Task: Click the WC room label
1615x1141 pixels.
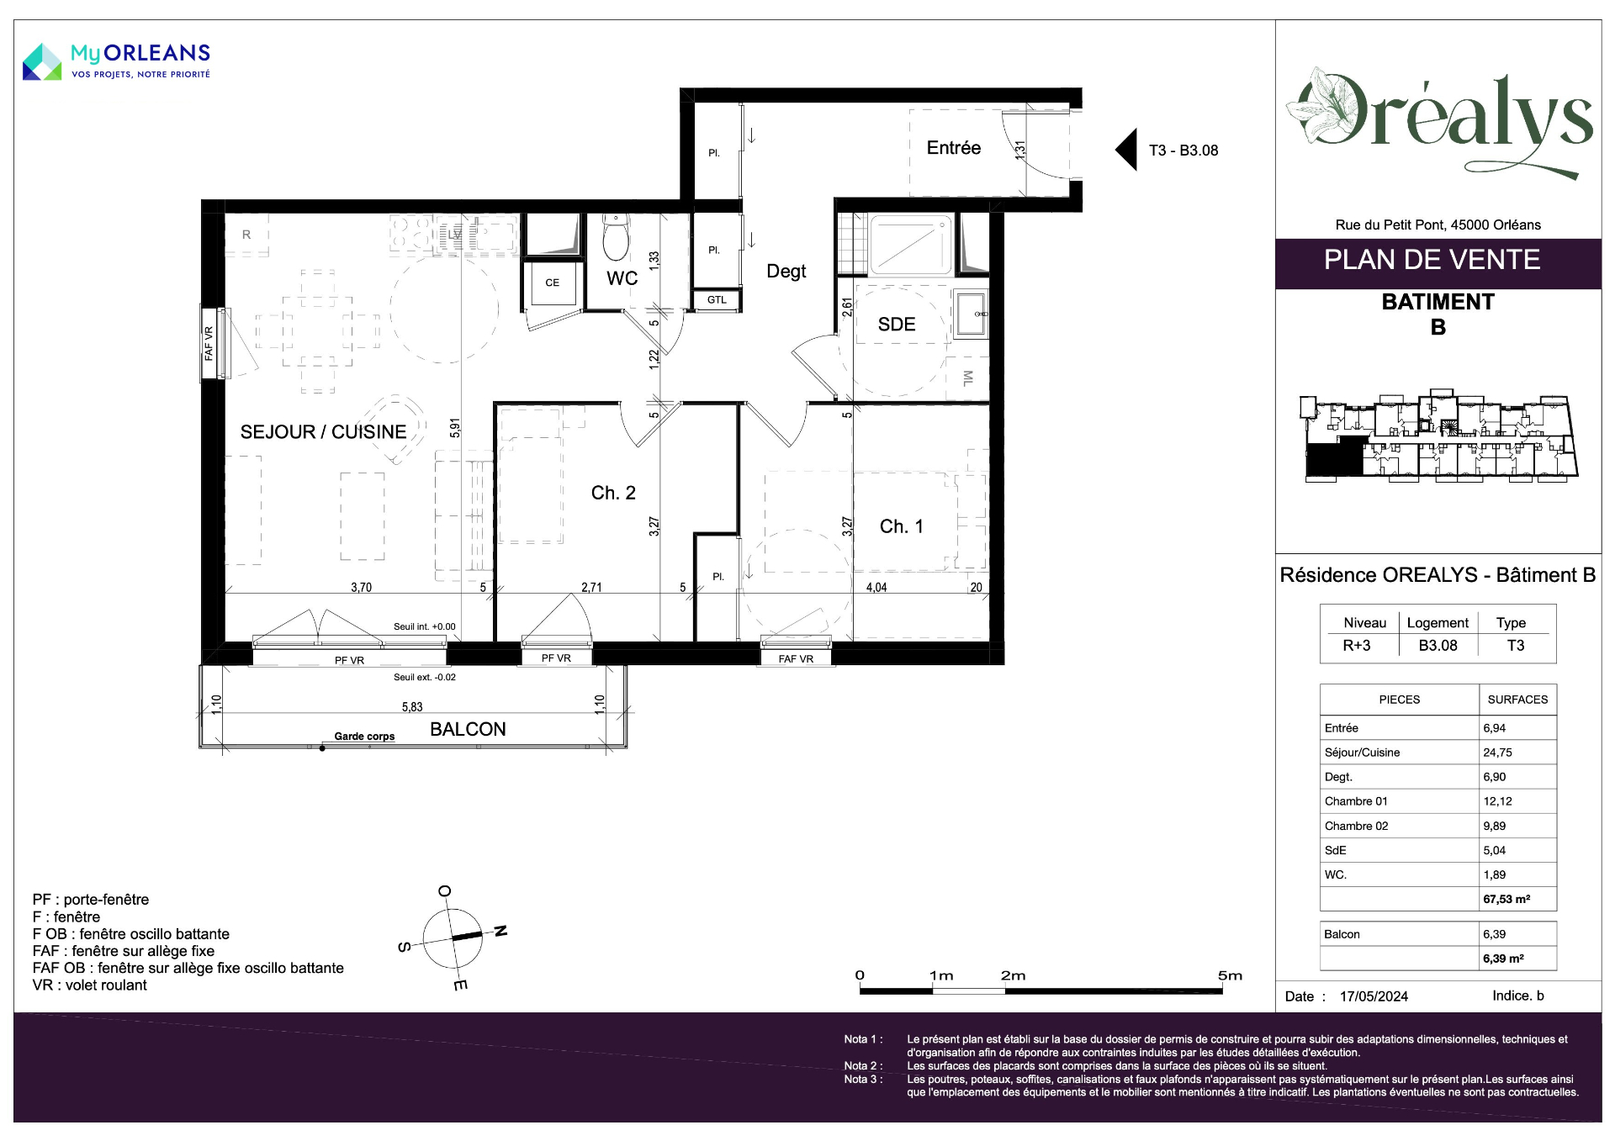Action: (622, 278)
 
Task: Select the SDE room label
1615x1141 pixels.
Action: (897, 325)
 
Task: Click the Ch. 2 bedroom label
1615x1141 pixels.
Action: (613, 493)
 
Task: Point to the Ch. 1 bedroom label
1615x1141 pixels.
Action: (902, 526)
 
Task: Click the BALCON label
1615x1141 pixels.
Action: (468, 729)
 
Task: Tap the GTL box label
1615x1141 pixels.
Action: (717, 300)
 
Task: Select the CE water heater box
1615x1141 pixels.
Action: (552, 283)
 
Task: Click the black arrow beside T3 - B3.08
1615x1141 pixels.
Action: (1126, 150)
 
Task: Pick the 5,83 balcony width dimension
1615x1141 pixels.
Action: (412, 707)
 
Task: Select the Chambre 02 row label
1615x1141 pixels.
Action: (1356, 826)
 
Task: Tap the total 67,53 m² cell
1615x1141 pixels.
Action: (1506, 899)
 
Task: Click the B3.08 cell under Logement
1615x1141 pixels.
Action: (1438, 646)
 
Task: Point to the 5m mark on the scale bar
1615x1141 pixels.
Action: (1230, 975)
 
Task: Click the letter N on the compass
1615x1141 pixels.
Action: (500, 931)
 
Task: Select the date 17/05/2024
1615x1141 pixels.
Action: (1374, 996)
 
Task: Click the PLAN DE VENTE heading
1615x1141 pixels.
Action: (1432, 260)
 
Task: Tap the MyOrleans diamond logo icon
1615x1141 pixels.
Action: (42, 61)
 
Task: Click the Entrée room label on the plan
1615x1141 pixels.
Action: (953, 148)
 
